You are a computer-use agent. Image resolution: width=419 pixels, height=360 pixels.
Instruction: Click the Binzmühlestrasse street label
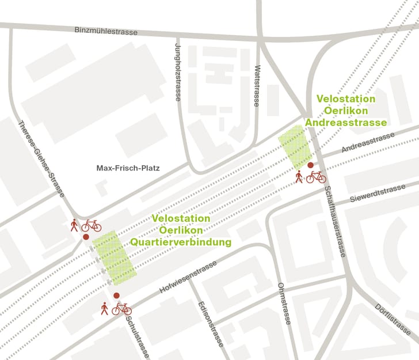click(x=106, y=30)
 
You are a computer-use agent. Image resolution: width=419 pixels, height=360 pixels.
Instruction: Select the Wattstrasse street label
click(x=257, y=85)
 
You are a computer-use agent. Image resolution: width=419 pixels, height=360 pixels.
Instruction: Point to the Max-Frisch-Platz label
click(x=127, y=169)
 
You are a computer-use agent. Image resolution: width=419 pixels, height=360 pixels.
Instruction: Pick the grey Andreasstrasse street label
click(x=368, y=142)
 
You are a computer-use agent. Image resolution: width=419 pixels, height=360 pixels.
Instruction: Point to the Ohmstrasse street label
click(x=284, y=304)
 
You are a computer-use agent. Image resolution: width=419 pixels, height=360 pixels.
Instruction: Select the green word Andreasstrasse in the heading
click(x=346, y=122)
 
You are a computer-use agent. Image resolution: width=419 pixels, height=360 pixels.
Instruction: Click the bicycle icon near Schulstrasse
click(x=121, y=309)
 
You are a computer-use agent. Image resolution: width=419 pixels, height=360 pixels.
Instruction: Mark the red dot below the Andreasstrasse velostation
click(x=311, y=165)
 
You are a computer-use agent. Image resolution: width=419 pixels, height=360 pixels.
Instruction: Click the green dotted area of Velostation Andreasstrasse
click(x=296, y=145)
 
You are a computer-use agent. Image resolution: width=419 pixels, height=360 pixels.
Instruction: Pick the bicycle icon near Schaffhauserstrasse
click(x=316, y=177)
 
